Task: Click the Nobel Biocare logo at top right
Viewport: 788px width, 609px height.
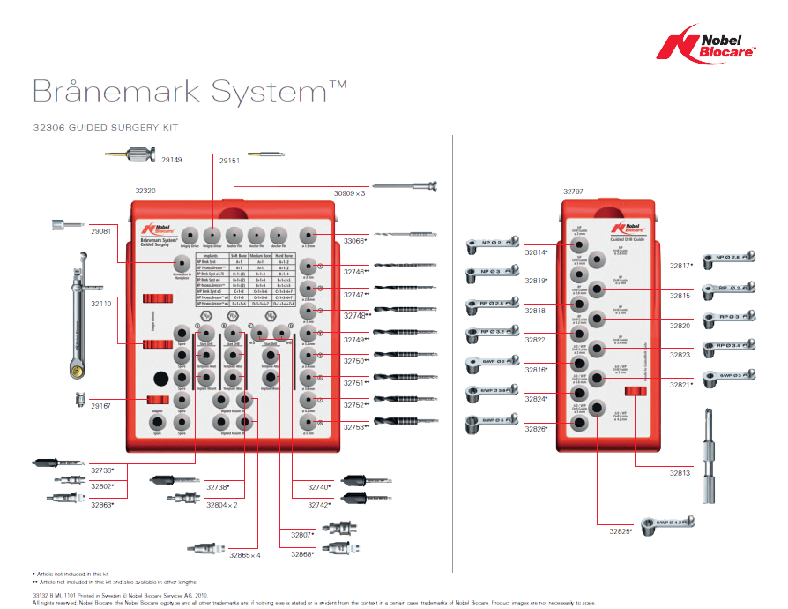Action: pos(710,45)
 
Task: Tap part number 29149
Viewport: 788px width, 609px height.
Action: pos(171,160)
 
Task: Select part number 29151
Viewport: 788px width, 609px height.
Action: pos(229,160)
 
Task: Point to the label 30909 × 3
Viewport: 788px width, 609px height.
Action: pos(349,192)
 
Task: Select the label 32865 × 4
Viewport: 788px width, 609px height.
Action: pos(245,555)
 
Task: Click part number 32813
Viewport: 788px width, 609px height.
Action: pos(680,473)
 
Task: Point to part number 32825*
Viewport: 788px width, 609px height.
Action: pos(621,531)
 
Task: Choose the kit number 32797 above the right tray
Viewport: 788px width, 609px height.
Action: pos(574,191)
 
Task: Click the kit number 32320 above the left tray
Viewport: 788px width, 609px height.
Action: pos(145,191)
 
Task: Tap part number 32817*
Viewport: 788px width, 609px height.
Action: pos(680,265)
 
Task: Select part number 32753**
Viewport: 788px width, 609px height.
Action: pos(356,427)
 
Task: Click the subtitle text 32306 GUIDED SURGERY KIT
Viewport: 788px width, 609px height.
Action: pos(105,128)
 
